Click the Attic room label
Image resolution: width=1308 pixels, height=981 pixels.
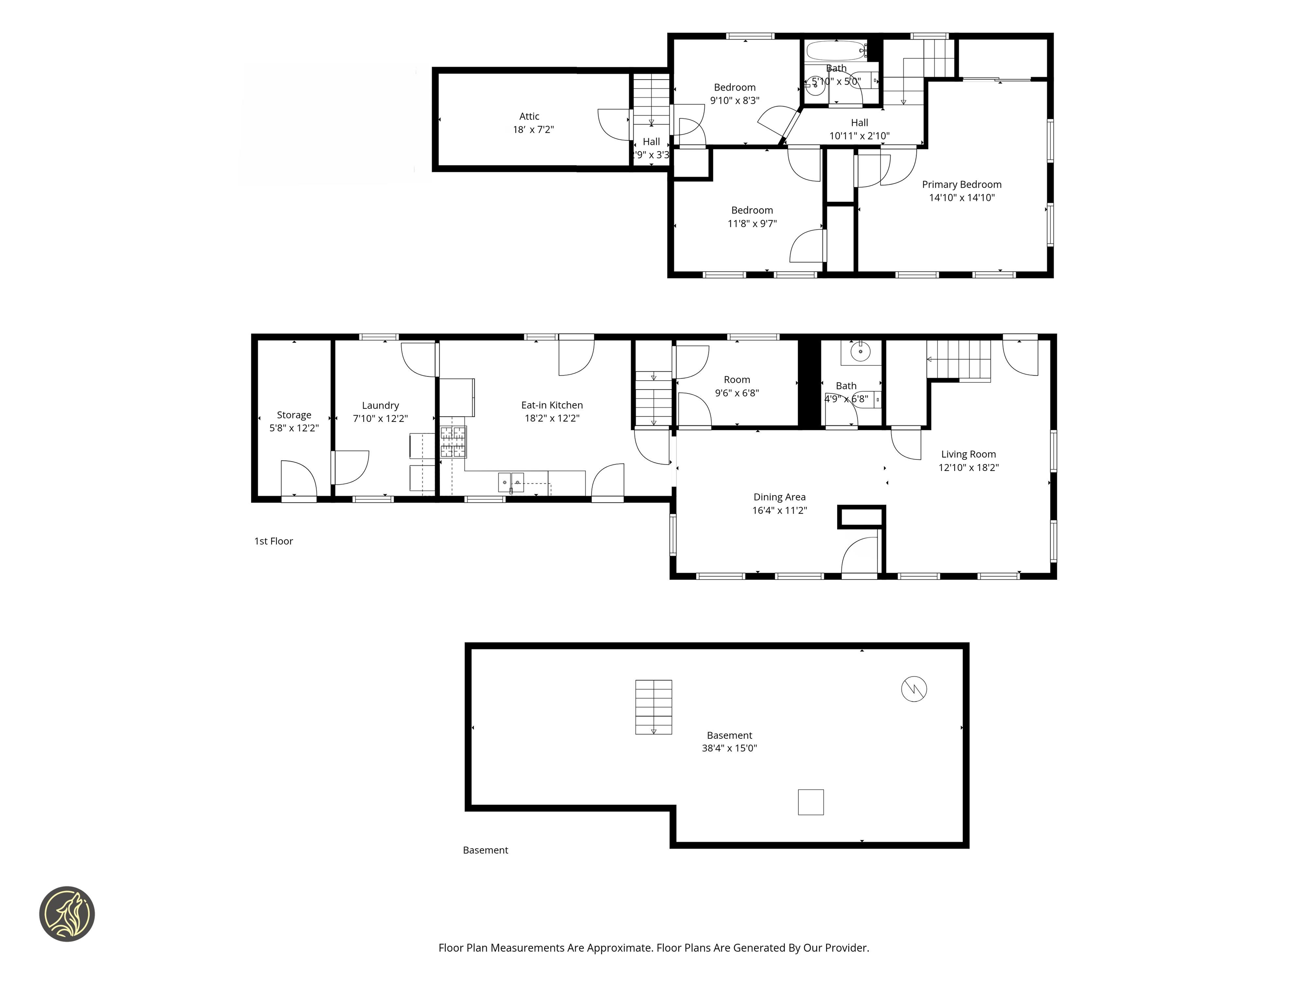click(x=529, y=117)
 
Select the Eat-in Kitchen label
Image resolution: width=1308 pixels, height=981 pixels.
click(x=552, y=405)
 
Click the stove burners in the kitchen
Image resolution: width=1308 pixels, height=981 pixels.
click(x=453, y=442)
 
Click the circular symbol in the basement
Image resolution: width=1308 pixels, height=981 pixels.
click(x=914, y=689)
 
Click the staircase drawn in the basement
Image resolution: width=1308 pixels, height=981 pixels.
click(x=654, y=707)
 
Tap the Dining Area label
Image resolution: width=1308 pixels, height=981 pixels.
click(x=779, y=497)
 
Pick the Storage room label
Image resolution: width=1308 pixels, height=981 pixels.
click(x=294, y=415)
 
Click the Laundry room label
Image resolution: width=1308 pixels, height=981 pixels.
click(x=380, y=406)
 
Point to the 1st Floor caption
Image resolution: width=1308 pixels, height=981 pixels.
click(x=273, y=541)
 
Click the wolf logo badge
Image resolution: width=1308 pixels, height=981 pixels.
click(x=67, y=914)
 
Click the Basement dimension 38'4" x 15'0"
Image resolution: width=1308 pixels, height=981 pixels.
click(x=729, y=748)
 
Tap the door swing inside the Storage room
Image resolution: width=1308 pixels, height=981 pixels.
click(x=298, y=478)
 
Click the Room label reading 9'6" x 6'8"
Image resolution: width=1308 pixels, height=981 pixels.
click(x=737, y=386)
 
